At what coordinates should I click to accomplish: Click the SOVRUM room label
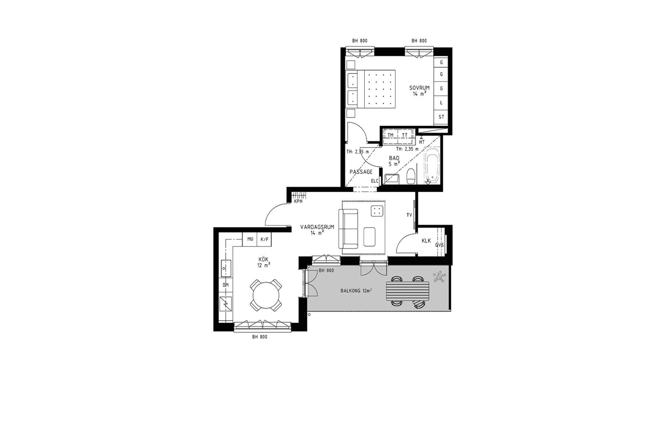pyautogui.click(x=419, y=88)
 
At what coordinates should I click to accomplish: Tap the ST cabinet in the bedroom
pyautogui.click(x=441, y=117)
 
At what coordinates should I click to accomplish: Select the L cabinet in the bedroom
pyautogui.click(x=441, y=103)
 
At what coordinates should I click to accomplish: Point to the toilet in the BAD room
pyautogui.click(x=411, y=176)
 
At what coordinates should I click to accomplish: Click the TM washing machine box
pyautogui.click(x=391, y=135)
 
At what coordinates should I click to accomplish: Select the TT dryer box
pyautogui.click(x=405, y=135)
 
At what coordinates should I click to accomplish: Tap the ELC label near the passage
pyautogui.click(x=374, y=181)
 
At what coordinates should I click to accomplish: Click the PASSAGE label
pyautogui.click(x=361, y=172)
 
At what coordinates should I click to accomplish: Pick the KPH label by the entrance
pyautogui.click(x=298, y=201)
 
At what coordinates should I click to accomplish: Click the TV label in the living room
pyautogui.click(x=409, y=215)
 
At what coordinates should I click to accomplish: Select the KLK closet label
pyautogui.click(x=426, y=241)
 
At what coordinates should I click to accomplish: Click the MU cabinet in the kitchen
pyautogui.click(x=250, y=239)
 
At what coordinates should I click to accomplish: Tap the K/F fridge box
pyautogui.click(x=264, y=239)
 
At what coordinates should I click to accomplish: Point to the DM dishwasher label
pyautogui.click(x=226, y=285)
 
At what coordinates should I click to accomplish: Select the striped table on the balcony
pyautogui.click(x=408, y=291)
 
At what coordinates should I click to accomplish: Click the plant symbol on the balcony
pyautogui.click(x=439, y=277)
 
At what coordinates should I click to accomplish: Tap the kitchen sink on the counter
pyautogui.click(x=226, y=268)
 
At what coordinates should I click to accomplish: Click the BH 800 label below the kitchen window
pyautogui.click(x=259, y=337)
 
